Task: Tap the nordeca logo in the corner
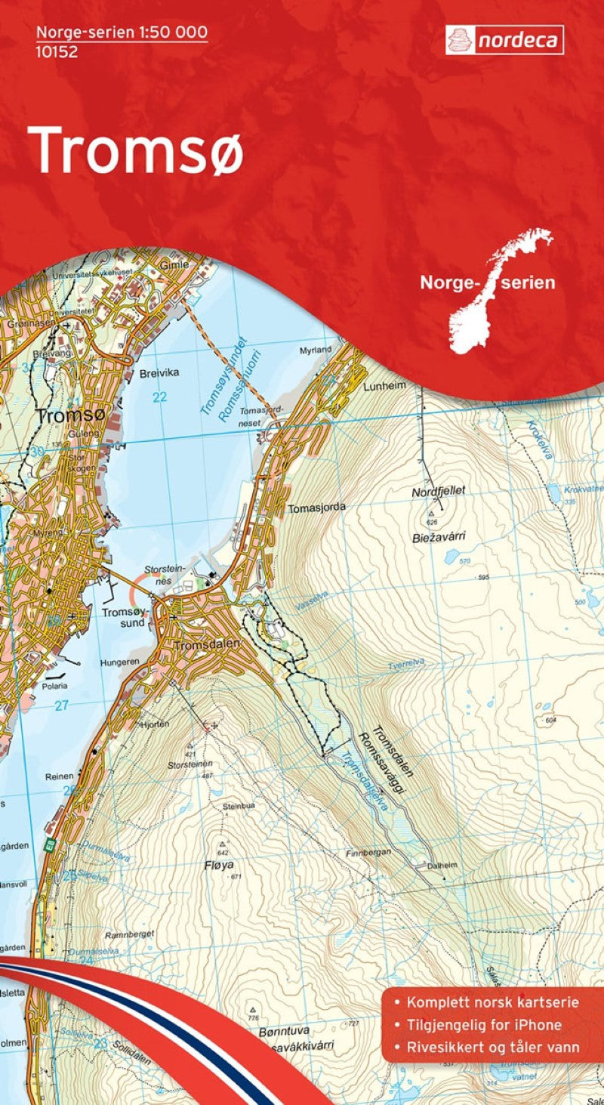point(504,40)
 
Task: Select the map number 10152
point(57,52)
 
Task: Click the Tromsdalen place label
point(206,645)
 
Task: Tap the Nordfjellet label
point(439,491)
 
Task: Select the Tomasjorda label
point(316,508)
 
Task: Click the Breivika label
point(159,373)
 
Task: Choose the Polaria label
point(54,686)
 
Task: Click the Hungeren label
point(119,662)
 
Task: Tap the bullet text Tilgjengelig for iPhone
point(483,1025)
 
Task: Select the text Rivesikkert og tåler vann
point(492,1047)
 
